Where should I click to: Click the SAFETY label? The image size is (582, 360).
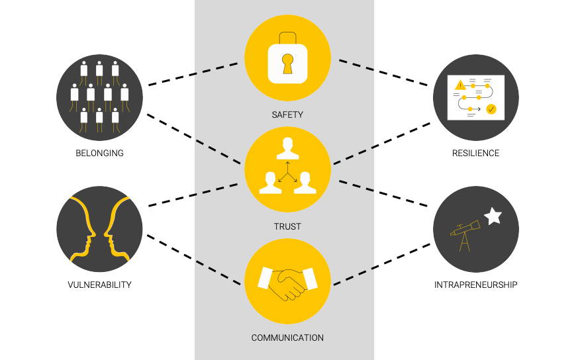(287, 114)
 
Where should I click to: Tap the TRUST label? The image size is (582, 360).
(287, 226)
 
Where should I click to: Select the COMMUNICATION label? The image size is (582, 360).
(287, 337)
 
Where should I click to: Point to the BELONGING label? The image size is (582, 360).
(99, 154)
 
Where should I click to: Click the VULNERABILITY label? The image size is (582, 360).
(99, 285)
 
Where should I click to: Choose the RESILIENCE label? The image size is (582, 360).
(475, 154)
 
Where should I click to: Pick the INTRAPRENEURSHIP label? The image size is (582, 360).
(475, 285)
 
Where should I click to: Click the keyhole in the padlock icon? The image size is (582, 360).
(287, 64)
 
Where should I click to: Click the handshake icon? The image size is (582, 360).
(287, 283)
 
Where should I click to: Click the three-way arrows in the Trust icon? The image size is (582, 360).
(287, 171)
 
